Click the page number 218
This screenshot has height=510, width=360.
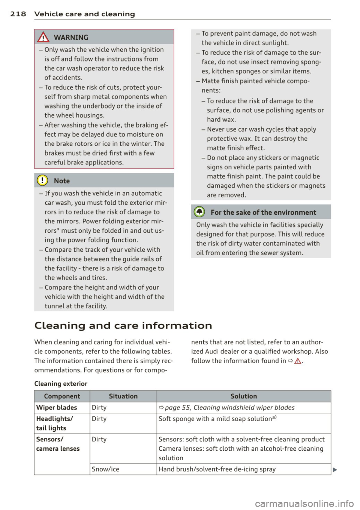18,14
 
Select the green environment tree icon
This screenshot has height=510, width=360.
199,212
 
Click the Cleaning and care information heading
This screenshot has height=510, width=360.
123,325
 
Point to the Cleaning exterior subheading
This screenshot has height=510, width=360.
61,383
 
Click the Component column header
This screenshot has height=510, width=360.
62,396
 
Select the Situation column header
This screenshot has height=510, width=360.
123,396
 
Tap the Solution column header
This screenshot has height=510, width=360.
243,396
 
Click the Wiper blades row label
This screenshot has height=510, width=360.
57,407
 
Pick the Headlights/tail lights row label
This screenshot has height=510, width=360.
54,423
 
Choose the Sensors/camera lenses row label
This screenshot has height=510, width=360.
58,444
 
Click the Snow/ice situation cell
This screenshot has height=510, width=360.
105,469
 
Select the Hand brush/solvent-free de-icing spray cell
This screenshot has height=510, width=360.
217,469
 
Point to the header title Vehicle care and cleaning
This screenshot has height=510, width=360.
84,14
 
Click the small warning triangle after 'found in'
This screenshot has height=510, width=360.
298,361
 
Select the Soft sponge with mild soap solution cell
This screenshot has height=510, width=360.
217,419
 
